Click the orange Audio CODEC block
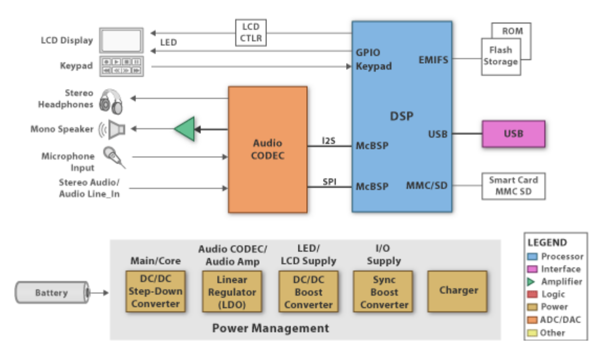268,149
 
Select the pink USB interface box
513,133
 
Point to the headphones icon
112,101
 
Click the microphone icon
113,156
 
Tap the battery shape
51,292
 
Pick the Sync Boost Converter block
384,291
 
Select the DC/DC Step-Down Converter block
155,291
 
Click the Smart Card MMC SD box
513,186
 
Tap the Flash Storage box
500,56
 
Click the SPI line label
329,181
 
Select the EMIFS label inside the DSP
433,60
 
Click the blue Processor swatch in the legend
533,256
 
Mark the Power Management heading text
271,329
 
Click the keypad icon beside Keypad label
121,66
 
